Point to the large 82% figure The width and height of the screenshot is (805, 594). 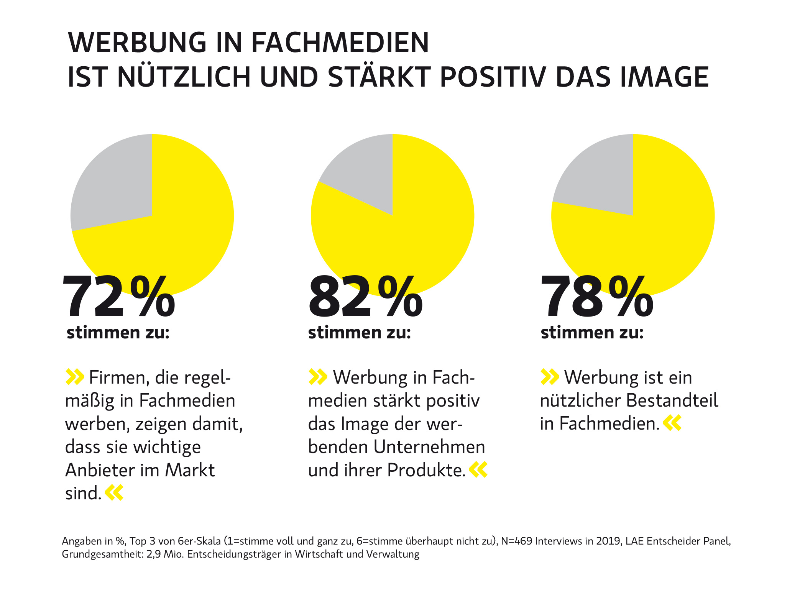(365, 297)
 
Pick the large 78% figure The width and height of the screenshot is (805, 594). (597, 297)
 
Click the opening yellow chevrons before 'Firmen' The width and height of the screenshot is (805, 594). (75, 377)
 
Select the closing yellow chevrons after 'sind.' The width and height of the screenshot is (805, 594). (114, 493)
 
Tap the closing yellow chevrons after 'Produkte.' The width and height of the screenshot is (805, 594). (478, 470)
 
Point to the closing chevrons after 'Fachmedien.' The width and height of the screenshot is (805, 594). (672, 423)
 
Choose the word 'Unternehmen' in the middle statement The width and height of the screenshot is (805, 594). (429, 447)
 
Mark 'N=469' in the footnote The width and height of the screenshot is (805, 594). (516, 541)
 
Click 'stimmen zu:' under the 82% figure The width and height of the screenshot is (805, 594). (359, 333)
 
